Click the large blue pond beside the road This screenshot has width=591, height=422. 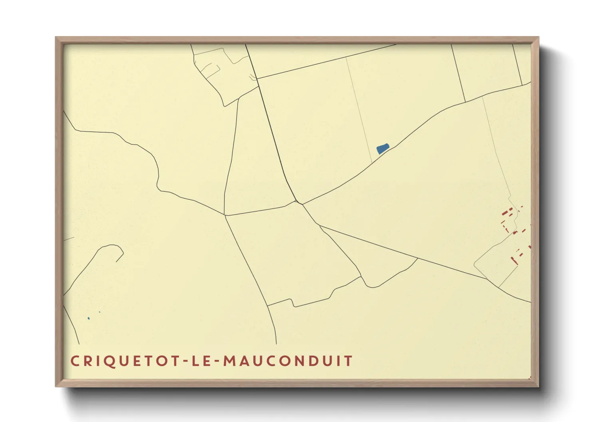[x=383, y=149]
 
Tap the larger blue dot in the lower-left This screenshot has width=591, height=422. [x=89, y=318]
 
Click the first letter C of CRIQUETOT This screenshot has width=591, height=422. [x=75, y=361]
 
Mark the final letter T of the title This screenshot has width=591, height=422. [x=348, y=361]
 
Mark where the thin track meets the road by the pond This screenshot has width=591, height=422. [x=372, y=162]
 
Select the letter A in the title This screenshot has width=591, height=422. [x=245, y=361]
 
